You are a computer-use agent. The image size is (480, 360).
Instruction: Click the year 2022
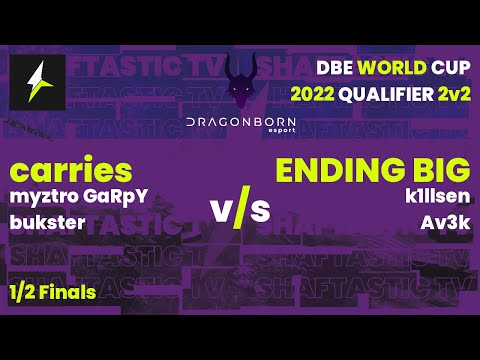pyautogui.click(x=314, y=96)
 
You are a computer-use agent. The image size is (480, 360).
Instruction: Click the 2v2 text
pyautogui.click(x=450, y=96)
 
